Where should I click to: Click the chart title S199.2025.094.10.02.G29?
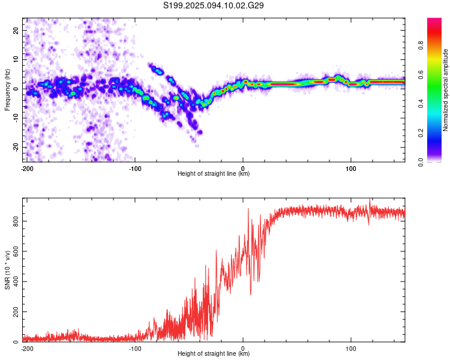point(213,5)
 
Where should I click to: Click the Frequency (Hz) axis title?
point(7,90)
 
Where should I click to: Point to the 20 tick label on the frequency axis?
point(16,30)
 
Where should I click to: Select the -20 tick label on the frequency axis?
point(16,147)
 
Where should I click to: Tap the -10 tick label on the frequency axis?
point(16,118)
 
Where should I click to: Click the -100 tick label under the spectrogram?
point(135,169)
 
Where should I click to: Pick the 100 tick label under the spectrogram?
point(351,169)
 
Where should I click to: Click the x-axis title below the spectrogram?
point(214,173)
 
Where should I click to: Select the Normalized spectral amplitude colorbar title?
point(445,90)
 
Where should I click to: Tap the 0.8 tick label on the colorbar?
point(421,46)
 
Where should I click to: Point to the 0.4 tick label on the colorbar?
point(421,104)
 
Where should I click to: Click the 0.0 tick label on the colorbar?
point(421,163)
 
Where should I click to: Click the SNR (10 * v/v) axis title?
point(7,270)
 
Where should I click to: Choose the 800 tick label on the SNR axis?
point(16,221)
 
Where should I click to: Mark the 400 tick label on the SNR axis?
point(16,281)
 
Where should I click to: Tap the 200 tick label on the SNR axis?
point(16,311)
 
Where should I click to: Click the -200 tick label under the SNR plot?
point(27,349)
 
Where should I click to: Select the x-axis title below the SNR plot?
point(214,353)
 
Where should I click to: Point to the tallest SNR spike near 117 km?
point(370,199)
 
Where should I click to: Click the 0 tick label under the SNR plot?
point(243,349)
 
